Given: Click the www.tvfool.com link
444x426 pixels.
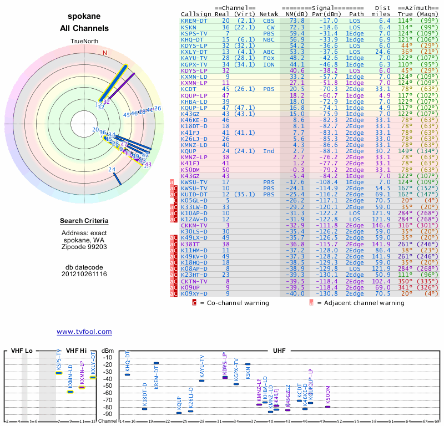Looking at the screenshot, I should [84, 332].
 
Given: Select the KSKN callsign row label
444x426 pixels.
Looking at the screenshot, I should [189, 27].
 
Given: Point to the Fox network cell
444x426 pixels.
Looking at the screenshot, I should [269, 58].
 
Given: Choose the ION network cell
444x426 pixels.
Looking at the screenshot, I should [269, 64].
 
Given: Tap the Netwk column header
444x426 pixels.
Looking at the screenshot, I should [269, 14].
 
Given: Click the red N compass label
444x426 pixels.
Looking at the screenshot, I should [104, 53].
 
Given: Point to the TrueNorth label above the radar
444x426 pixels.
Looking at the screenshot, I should [84, 42].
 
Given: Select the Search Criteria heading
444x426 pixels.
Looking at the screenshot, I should [84, 221].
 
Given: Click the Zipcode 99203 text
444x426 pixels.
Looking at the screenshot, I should [84, 246].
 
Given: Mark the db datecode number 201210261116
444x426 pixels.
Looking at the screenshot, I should [84, 274].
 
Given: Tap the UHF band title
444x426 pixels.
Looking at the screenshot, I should [279, 351].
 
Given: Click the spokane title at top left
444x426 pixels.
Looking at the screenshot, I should [84, 17].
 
